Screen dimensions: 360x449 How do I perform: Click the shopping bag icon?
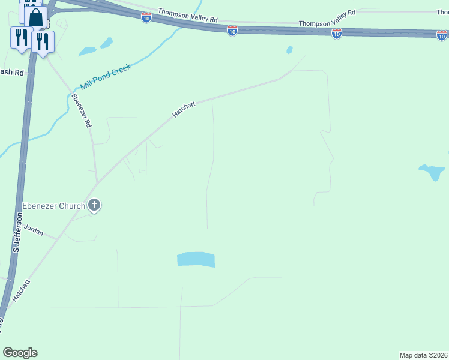coord(35,17)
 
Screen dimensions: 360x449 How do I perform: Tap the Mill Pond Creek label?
coord(106,76)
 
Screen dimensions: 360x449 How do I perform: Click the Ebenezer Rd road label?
coord(81,111)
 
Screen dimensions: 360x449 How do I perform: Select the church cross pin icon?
coord(94,205)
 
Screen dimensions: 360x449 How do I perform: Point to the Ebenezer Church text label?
coord(53,206)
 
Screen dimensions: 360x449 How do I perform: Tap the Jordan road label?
coord(33,230)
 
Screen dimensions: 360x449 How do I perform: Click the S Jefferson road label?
coord(16,236)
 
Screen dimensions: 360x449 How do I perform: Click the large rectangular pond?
coord(196,259)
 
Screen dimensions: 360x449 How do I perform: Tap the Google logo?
coord(20,353)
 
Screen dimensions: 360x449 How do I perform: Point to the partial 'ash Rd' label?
coord(11,72)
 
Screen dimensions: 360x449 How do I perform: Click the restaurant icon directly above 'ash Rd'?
coord(22,37)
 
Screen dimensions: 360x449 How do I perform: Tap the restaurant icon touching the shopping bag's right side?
coord(42,41)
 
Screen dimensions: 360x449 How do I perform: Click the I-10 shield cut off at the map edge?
coord(442,35)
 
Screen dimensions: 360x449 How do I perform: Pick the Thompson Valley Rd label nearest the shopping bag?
coord(188,15)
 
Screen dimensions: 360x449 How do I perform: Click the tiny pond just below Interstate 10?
coord(289,50)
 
